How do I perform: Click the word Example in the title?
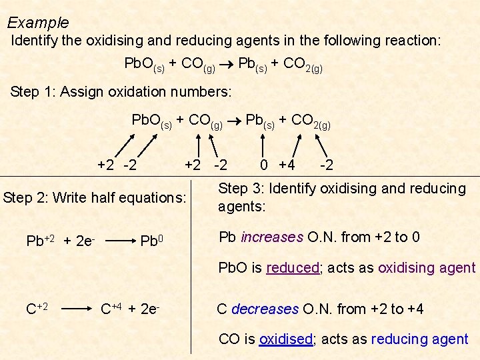pyautogui.click(x=38, y=23)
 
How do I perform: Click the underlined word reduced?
pyautogui.click(x=293, y=268)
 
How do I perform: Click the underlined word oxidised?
pyautogui.click(x=285, y=339)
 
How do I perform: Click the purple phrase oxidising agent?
pyautogui.click(x=427, y=268)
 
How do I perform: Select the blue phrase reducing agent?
pyautogui.click(x=419, y=339)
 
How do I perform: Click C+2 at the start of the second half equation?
pyautogui.click(x=37, y=309)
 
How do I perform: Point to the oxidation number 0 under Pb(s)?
pyautogui.click(x=265, y=164)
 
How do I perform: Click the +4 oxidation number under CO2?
pyautogui.click(x=287, y=164)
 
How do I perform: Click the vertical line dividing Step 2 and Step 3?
pyautogui.click(x=191, y=267)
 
